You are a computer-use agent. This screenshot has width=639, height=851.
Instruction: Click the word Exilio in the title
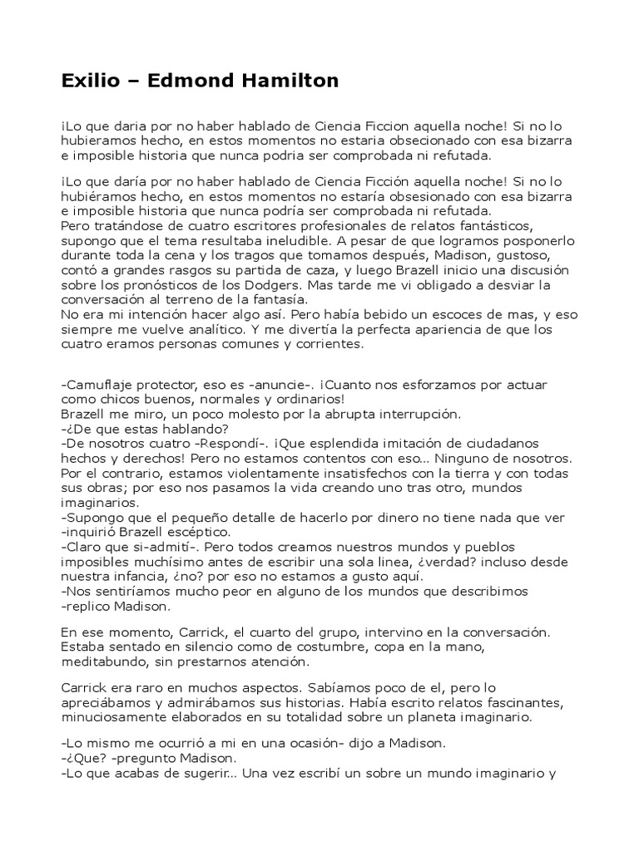tap(88, 81)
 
